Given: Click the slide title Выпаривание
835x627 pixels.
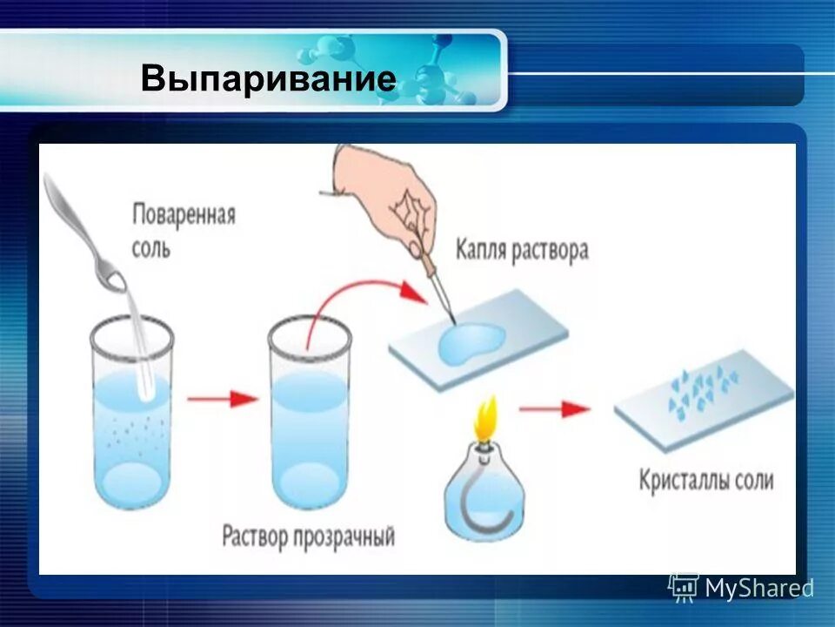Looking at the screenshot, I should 268,79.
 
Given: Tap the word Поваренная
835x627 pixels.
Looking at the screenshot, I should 184,215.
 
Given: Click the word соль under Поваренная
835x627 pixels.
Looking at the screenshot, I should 152,248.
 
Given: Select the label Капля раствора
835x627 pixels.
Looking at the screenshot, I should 522,250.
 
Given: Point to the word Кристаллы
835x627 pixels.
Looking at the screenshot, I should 682,480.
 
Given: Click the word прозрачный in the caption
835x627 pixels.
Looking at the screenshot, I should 344,534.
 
